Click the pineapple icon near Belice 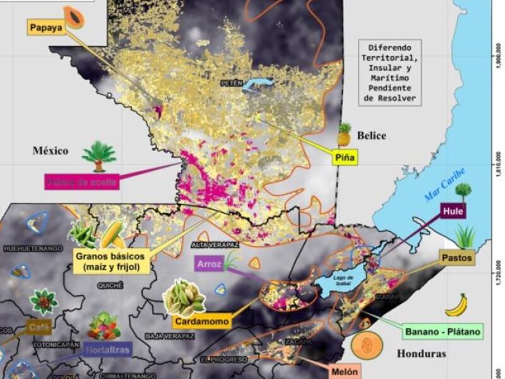point(344,134)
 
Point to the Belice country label point(371,136)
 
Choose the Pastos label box point(456,258)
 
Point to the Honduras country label point(421,354)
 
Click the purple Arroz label point(208,265)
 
